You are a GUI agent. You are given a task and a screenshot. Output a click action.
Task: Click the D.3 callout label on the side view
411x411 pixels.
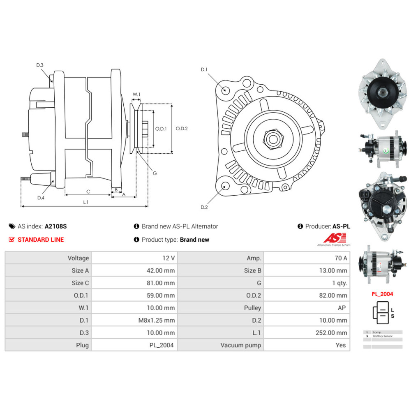coord(40,65)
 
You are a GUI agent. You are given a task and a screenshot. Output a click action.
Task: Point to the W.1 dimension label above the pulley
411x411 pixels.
coord(136,95)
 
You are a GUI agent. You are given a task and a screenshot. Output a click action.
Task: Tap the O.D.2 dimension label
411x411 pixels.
coord(182,128)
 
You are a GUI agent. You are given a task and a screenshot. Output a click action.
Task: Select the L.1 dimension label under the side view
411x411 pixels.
coord(86,202)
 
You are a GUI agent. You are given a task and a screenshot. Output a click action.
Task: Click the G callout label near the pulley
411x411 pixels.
coord(155,173)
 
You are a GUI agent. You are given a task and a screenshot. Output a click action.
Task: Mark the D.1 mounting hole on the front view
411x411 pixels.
coord(225,90)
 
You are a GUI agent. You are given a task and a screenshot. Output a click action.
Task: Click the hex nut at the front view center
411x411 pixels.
coord(272,140)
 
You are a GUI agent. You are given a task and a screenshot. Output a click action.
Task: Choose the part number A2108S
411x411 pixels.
coord(55,226)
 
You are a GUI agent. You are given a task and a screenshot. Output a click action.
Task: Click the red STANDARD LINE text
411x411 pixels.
coord(41,240)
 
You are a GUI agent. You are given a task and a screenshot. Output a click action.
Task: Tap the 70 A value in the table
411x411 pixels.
coord(341,258)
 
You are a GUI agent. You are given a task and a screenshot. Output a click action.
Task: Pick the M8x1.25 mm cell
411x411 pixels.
coord(157,320)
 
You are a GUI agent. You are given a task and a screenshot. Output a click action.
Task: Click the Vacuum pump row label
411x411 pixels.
coord(240,345)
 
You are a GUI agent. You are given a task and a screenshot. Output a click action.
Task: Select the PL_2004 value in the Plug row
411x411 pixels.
coord(162,345)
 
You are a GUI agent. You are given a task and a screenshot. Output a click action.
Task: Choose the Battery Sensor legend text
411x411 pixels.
coord(383,336)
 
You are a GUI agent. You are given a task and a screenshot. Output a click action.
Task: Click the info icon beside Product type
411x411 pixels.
coord(137,240)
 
